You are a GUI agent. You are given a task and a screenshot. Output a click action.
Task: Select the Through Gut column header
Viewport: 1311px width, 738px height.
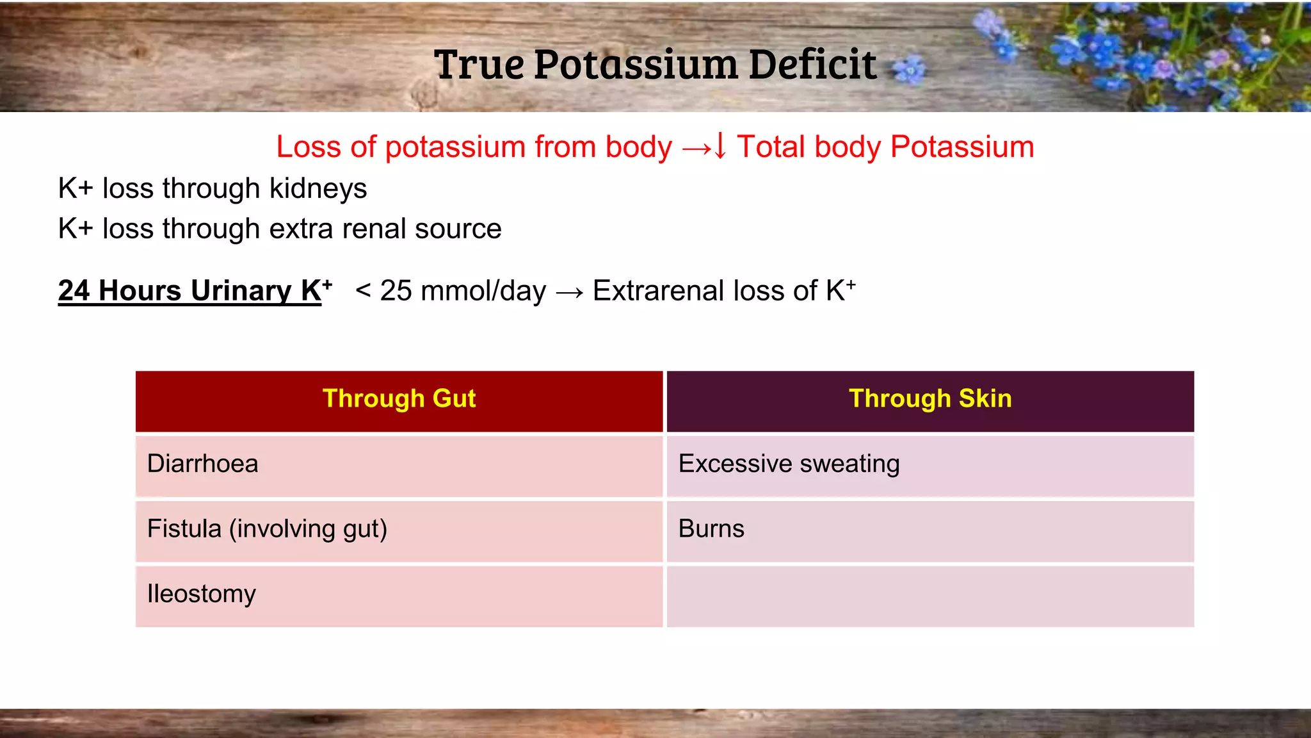[x=399, y=398]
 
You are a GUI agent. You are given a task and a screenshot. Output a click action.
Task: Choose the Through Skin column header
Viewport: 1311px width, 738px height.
[x=930, y=398]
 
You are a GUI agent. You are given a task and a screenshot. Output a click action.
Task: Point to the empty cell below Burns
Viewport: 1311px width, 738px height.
[x=930, y=596]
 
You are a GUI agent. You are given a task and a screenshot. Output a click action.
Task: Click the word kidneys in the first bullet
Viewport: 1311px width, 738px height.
[x=318, y=189]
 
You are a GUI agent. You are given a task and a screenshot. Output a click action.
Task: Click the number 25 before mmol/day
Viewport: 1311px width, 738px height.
[x=396, y=291]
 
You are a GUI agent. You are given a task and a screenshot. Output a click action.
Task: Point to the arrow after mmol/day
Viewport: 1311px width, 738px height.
[x=569, y=293]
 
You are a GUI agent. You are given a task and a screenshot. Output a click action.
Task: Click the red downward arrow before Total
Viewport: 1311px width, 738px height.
[x=720, y=146]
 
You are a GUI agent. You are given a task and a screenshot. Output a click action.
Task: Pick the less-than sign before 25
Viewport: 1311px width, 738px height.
[x=363, y=291]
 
